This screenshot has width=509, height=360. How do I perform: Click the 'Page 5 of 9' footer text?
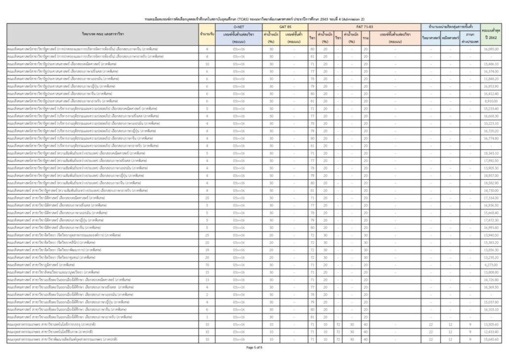coord(254,347)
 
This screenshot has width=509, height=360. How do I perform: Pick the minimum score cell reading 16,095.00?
coord(492,49)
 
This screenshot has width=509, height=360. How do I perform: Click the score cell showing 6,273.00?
coord(492,265)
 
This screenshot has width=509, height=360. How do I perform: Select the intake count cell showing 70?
coord(207,265)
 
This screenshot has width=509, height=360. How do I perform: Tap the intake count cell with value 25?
coord(207,235)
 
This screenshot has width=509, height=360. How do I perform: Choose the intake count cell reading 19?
coord(207,250)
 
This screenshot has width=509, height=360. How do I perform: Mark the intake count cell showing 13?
coord(207,280)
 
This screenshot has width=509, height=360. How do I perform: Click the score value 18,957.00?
coord(492,175)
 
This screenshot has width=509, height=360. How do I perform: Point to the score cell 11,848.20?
coord(492,79)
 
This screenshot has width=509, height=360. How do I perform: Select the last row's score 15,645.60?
coord(492,339)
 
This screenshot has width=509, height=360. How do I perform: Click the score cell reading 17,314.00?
coord(492,198)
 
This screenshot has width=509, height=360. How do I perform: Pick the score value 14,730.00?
coord(492,190)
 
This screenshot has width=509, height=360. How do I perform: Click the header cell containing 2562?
coord(492,37)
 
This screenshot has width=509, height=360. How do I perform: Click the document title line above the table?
coord(254,18)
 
